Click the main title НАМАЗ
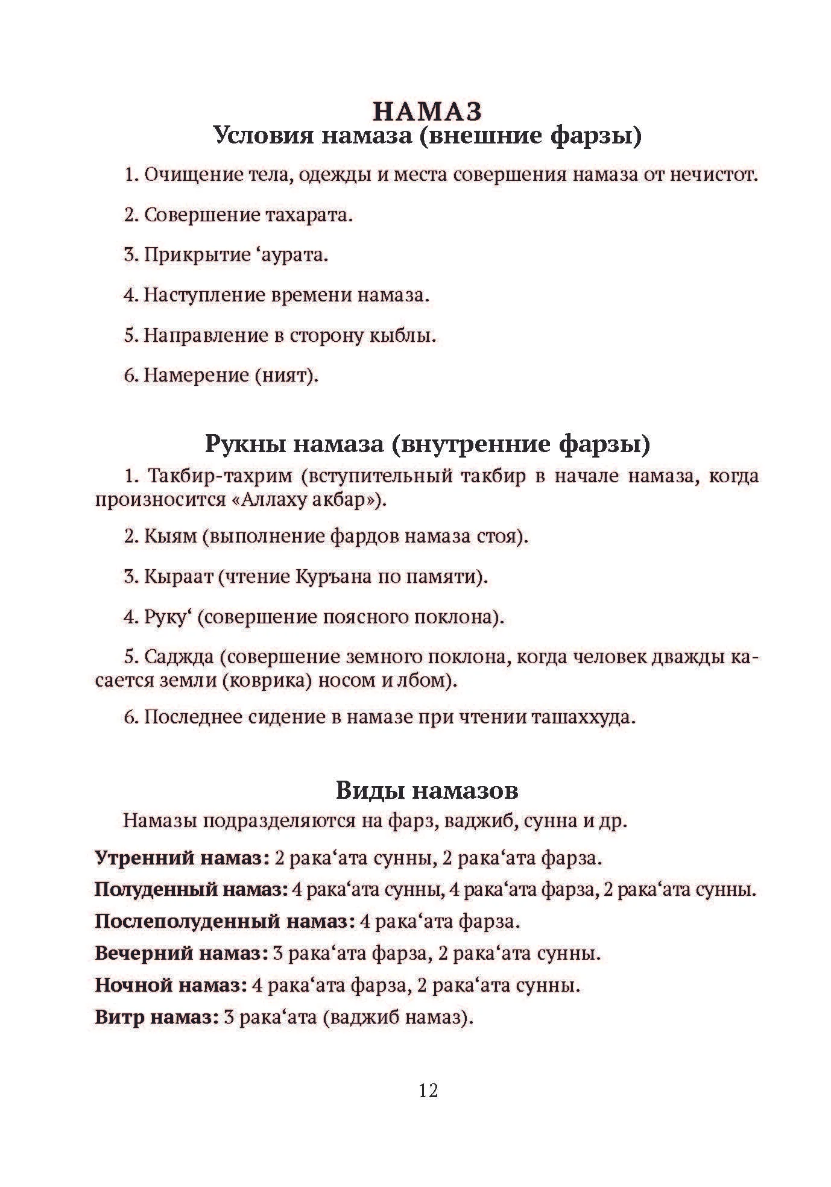pos(428,112)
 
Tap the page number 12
pos(428,1090)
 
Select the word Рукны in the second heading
pos(242,444)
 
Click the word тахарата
pos(308,215)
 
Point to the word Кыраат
pos(178,577)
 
